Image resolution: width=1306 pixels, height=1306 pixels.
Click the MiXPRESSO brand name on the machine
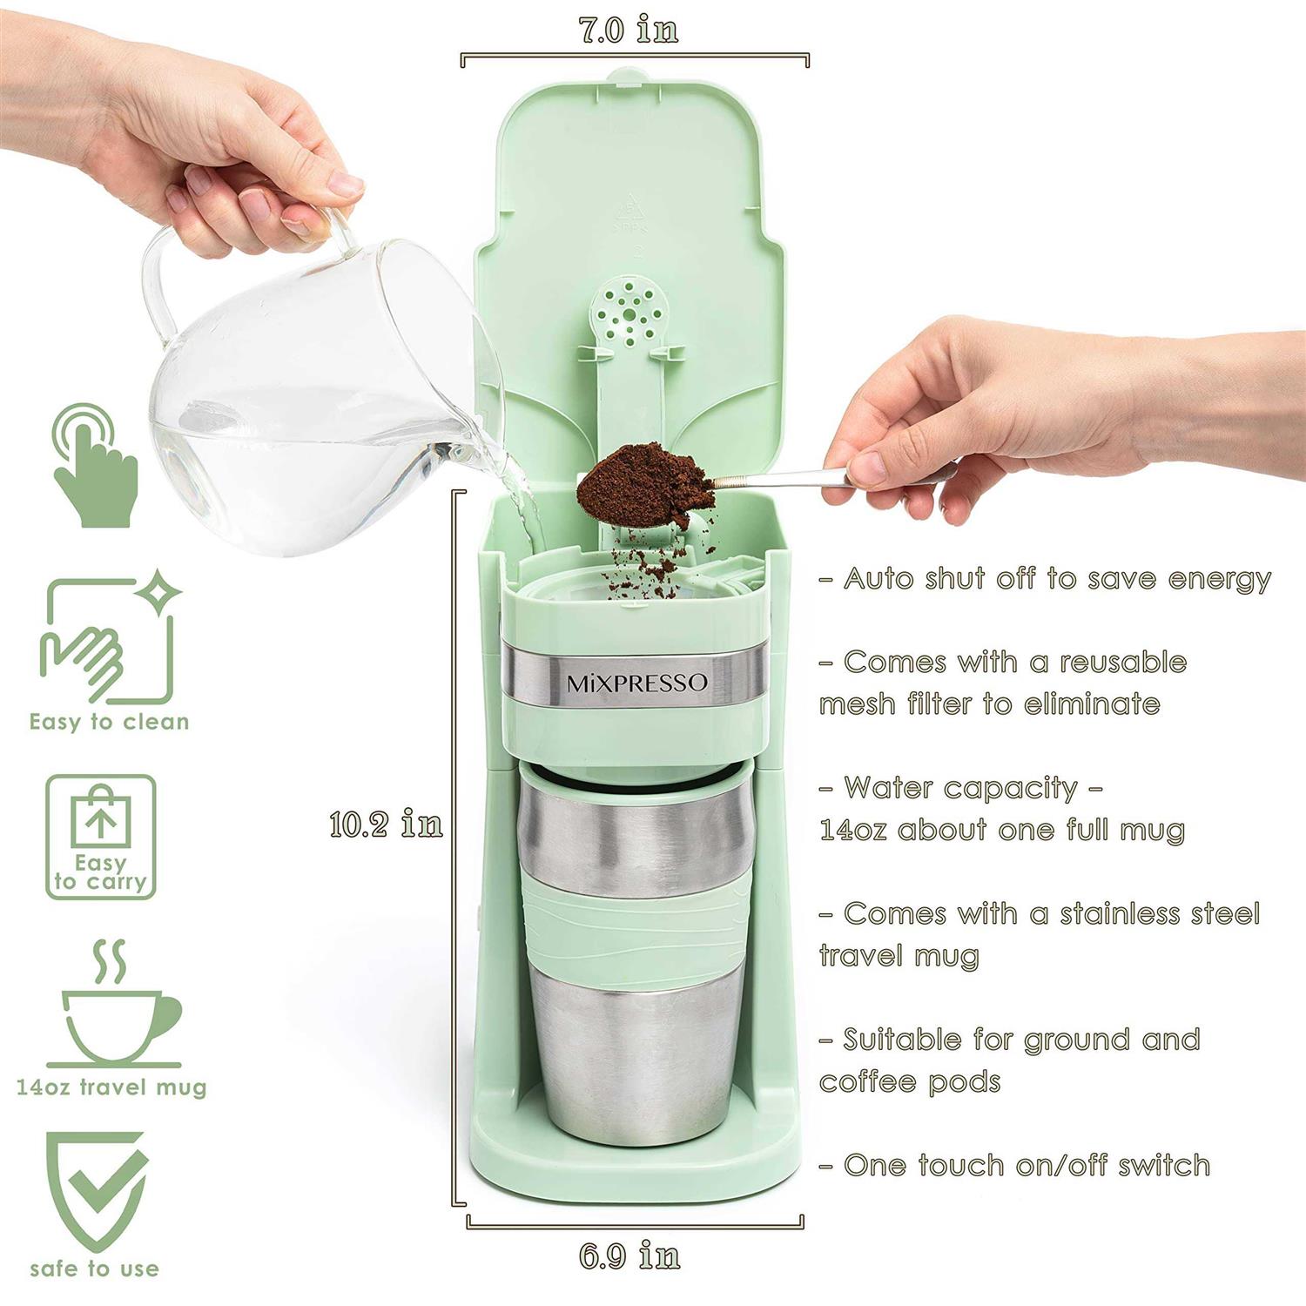coord(637,683)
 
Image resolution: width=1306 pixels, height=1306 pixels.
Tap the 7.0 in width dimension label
coord(629,30)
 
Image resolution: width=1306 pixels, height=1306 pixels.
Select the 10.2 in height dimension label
coord(386,824)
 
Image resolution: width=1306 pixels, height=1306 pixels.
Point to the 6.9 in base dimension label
coord(629,1256)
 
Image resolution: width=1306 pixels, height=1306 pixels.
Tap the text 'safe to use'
coord(94,1269)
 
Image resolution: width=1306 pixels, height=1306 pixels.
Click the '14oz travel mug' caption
coord(111,1087)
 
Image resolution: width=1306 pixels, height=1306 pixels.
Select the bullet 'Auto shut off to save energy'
coord(1045,579)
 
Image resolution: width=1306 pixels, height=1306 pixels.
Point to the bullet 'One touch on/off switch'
coord(1015,1165)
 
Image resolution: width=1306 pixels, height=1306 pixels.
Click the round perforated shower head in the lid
coord(626,311)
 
